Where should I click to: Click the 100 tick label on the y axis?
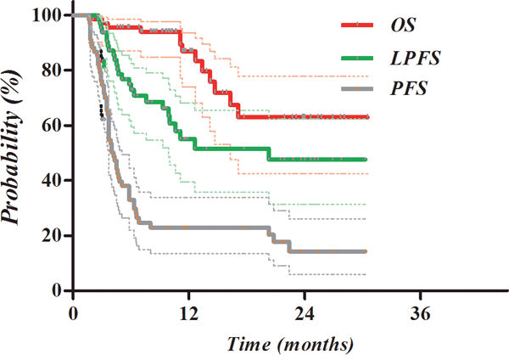tap(51, 15)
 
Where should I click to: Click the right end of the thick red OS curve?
tap(366, 116)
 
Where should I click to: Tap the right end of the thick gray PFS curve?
tap(366, 251)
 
